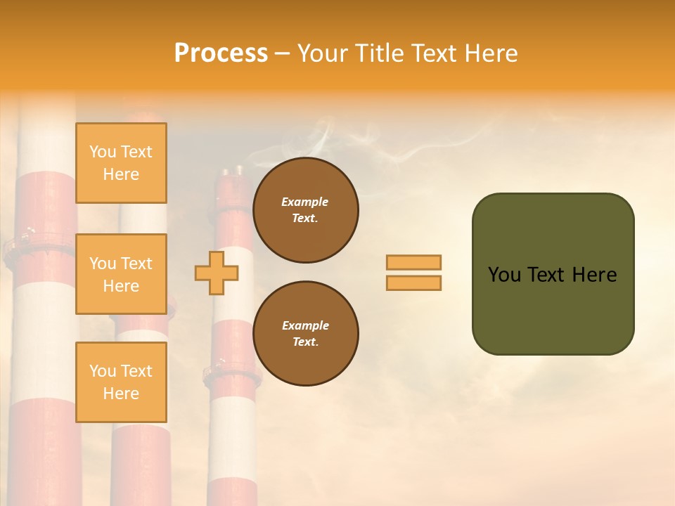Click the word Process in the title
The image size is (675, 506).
click(221, 53)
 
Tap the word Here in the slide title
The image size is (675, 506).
click(489, 53)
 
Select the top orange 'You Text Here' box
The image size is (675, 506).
click(121, 163)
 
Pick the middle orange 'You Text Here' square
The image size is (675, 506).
click(121, 274)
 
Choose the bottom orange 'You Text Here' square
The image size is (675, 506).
click(121, 382)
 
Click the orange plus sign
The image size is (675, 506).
click(217, 273)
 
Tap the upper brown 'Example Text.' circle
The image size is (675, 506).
click(306, 209)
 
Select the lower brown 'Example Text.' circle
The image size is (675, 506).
click(306, 333)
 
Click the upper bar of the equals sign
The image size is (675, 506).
click(414, 263)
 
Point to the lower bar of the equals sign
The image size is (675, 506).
click(414, 283)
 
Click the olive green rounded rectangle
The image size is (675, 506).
click(553, 309)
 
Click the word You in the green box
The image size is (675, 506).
click(504, 275)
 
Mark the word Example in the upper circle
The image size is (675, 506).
click(305, 202)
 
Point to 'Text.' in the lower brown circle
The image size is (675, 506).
click(305, 342)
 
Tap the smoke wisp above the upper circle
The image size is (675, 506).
click(320, 141)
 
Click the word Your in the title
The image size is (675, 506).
click(324, 53)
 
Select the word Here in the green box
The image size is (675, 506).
click(594, 275)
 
